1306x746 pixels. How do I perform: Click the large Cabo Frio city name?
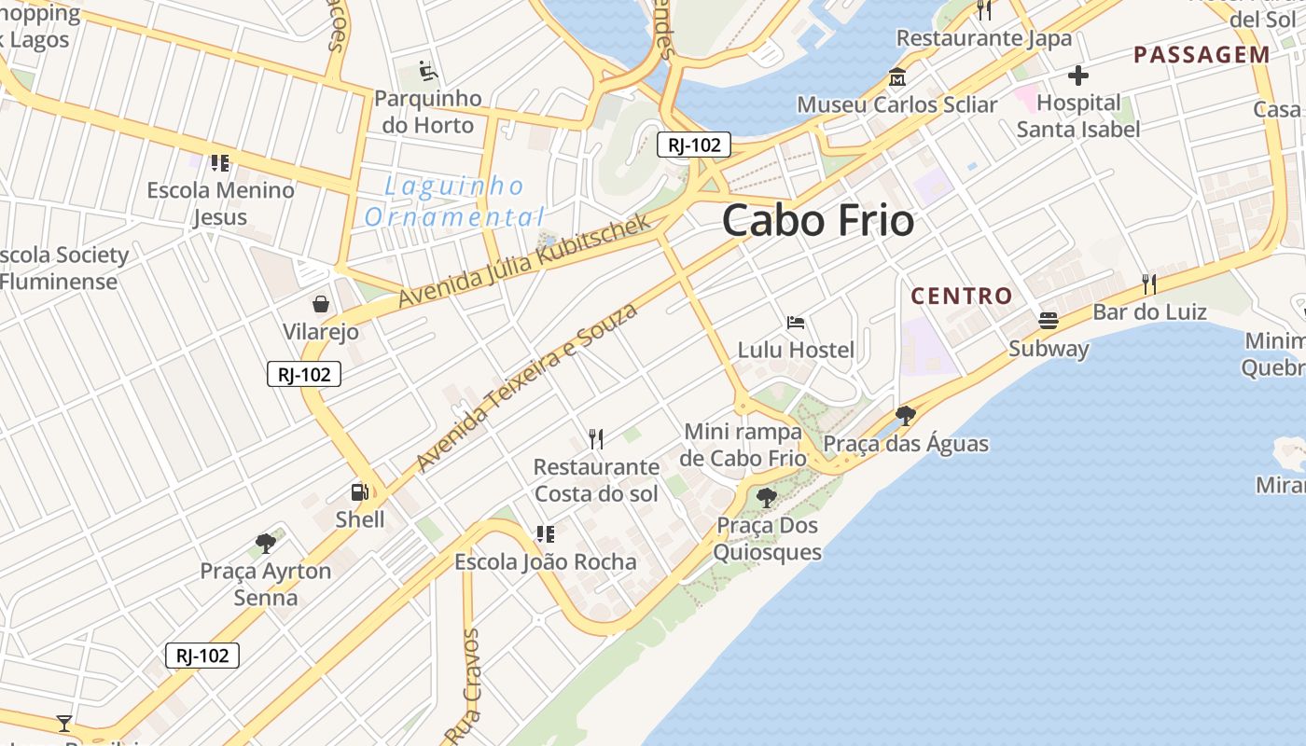[817, 222]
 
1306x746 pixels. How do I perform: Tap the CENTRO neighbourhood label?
[961, 297]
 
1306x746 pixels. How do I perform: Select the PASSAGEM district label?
[1202, 55]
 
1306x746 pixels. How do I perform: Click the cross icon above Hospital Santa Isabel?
[1078, 76]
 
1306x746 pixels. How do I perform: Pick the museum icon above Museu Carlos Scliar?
[897, 77]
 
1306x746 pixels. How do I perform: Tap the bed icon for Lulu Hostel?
[796, 323]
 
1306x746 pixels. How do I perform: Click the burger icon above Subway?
[1049, 321]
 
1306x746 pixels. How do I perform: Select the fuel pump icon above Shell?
[359, 492]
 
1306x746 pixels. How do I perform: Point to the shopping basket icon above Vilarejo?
[321, 304]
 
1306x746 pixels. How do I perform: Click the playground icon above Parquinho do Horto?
[428, 71]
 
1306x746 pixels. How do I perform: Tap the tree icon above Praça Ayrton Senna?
[266, 543]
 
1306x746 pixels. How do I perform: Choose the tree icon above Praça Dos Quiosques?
[767, 498]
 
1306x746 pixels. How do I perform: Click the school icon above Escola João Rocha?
[546, 534]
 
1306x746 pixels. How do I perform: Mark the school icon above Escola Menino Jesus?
[220, 163]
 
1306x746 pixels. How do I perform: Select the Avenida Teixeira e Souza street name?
[526, 387]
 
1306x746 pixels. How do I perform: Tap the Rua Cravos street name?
[463, 685]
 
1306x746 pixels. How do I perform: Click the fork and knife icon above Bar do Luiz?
[1149, 284]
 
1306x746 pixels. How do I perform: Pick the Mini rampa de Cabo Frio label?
[743, 445]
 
